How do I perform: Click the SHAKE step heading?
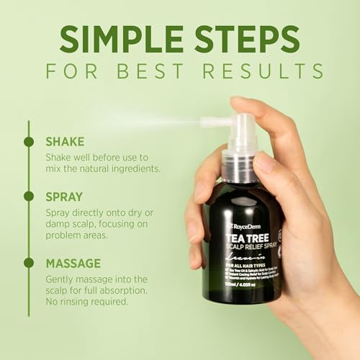pos(64,142)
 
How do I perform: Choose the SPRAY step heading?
pos(63,196)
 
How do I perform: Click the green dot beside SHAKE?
pos(29,142)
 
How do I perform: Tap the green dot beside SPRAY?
pos(29,196)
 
